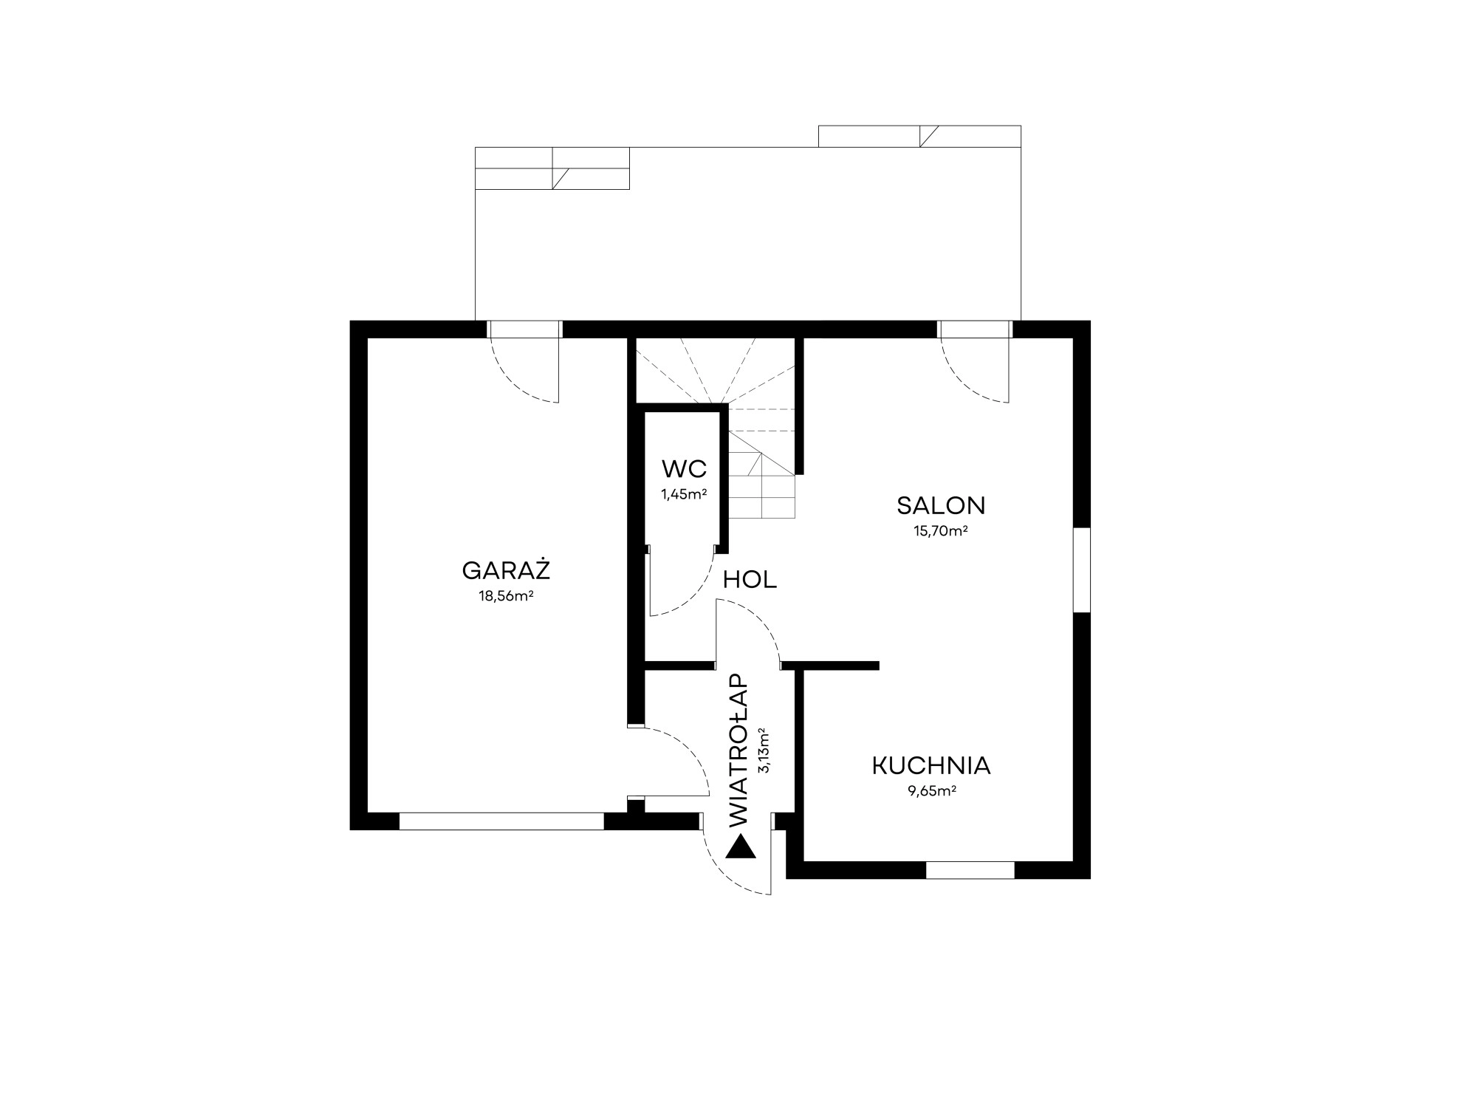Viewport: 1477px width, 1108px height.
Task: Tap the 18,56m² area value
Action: pyautogui.click(x=507, y=596)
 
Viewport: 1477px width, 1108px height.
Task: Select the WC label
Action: pyautogui.click(x=685, y=468)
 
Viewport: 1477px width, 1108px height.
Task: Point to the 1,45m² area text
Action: pyautogui.click(x=685, y=493)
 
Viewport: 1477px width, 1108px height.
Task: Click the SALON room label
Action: pyautogui.click(x=941, y=505)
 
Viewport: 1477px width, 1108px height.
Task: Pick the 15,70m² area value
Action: pyautogui.click(x=941, y=530)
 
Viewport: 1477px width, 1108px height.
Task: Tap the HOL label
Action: pyautogui.click(x=750, y=580)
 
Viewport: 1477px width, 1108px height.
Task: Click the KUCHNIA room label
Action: pyautogui.click(x=931, y=765)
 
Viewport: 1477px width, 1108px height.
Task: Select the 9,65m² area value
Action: pyautogui.click(x=932, y=790)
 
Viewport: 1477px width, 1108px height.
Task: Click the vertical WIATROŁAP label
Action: pyautogui.click(x=738, y=750)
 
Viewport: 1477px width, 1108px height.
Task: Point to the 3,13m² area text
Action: pyautogui.click(x=764, y=750)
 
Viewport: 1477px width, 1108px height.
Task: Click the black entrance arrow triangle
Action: pyautogui.click(x=741, y=847)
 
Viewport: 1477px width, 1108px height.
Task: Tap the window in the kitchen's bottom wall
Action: pyautogui.click(x=970, y=870)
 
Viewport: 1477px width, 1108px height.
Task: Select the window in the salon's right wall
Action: pyautogui.click(x=1081, y=570)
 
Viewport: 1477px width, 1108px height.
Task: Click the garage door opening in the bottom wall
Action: pyautogui.click(x=501, y=821)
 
